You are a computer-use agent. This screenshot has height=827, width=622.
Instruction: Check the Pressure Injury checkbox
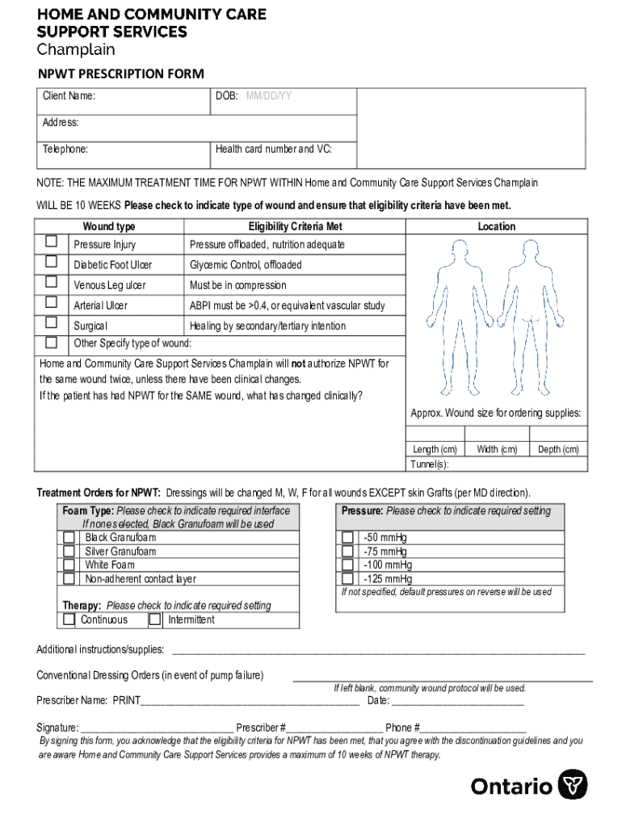pos(52,241)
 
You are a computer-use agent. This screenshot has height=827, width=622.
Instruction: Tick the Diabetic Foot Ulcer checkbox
pos(52,261)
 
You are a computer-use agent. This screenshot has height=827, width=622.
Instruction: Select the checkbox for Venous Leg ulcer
pos(52,282)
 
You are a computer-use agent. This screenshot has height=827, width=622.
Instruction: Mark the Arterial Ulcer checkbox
pos(52,302)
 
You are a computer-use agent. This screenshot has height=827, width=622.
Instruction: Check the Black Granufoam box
pos(69,537)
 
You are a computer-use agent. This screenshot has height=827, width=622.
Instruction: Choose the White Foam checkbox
pos(69,565)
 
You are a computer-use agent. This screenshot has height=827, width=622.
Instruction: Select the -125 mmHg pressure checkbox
pos(347,578)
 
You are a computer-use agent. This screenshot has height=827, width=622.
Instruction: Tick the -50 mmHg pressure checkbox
pos(347,537)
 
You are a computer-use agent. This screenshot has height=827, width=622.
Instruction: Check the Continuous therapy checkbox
pos(65,619)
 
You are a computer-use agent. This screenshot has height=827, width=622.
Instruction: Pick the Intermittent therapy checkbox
pos(155,619)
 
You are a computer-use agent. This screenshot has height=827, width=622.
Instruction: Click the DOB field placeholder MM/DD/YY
pos(269,96)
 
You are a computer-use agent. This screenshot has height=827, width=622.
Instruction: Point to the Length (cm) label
pos(435,449)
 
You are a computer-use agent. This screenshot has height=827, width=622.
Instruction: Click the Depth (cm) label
pos(558,449)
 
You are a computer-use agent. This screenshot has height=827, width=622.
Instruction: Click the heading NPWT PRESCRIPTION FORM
pos(121,73)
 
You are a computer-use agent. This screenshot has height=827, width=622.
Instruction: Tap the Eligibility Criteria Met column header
pos(296,227)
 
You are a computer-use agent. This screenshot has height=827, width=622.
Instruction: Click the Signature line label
pos(57,727)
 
